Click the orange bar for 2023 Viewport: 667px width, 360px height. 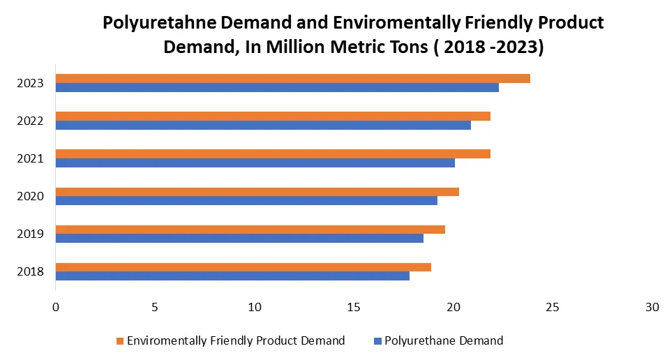pos(293,78)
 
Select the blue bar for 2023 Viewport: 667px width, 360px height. pos(277,88)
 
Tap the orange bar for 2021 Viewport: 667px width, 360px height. pos(273,153)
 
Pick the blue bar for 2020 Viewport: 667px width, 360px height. pos(246,200)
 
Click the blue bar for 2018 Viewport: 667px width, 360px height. pos(232,276)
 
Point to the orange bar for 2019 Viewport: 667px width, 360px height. pos(250,229)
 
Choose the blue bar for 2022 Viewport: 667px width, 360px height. pos(263,126)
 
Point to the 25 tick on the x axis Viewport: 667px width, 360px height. pos(552,308)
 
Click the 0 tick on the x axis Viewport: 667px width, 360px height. pos(56,308)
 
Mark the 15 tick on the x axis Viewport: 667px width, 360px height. pos(354,308)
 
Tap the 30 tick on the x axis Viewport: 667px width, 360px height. pos(652,308)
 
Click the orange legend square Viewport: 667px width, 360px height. pos(120,341)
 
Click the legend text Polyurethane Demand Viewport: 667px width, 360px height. pos(444,340)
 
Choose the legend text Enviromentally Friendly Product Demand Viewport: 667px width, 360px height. pos(236,340)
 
